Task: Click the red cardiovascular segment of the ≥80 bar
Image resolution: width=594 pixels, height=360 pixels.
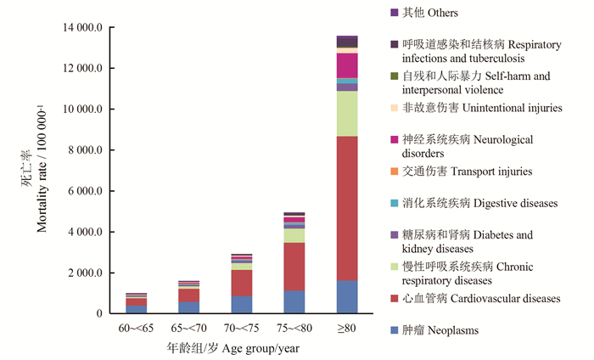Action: coord(346,208)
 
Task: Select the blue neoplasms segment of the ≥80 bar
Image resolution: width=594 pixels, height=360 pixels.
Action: coord(346,297)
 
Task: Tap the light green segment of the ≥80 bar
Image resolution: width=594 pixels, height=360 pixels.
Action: coord(346,114)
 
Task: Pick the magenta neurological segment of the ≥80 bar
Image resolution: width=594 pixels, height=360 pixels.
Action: coord(346,65)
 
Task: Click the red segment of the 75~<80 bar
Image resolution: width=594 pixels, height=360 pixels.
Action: coord(294,267)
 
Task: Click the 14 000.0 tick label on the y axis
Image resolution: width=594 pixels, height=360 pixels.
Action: coord(82,28)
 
